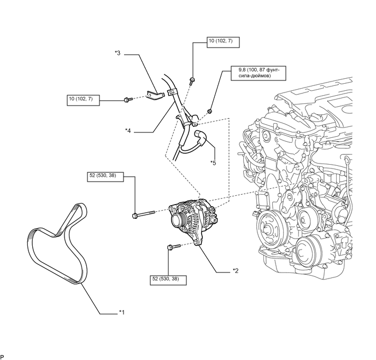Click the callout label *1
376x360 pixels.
pos(122,312)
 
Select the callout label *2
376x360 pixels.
pos(236,271)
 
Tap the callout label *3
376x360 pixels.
pos(117,53)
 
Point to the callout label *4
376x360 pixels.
pos(128,131)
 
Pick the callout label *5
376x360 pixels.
pos(213,163)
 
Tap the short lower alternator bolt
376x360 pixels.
pos(173,247)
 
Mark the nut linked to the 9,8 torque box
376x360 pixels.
pos(209,111)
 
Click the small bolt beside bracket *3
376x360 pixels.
pos(128,100)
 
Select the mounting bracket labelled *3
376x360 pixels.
pos(155,96)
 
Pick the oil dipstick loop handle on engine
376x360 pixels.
pos(347,160)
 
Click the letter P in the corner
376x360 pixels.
pos(2,357)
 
